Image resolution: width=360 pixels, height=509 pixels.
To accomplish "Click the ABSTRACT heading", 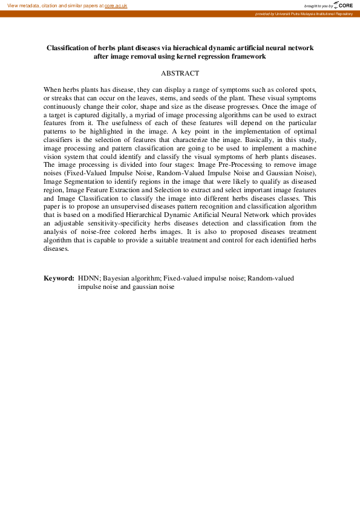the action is pos(180,73).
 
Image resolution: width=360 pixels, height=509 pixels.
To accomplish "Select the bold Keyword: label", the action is pos(59,279).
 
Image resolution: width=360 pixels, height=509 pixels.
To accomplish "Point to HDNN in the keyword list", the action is pos(88,279).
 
